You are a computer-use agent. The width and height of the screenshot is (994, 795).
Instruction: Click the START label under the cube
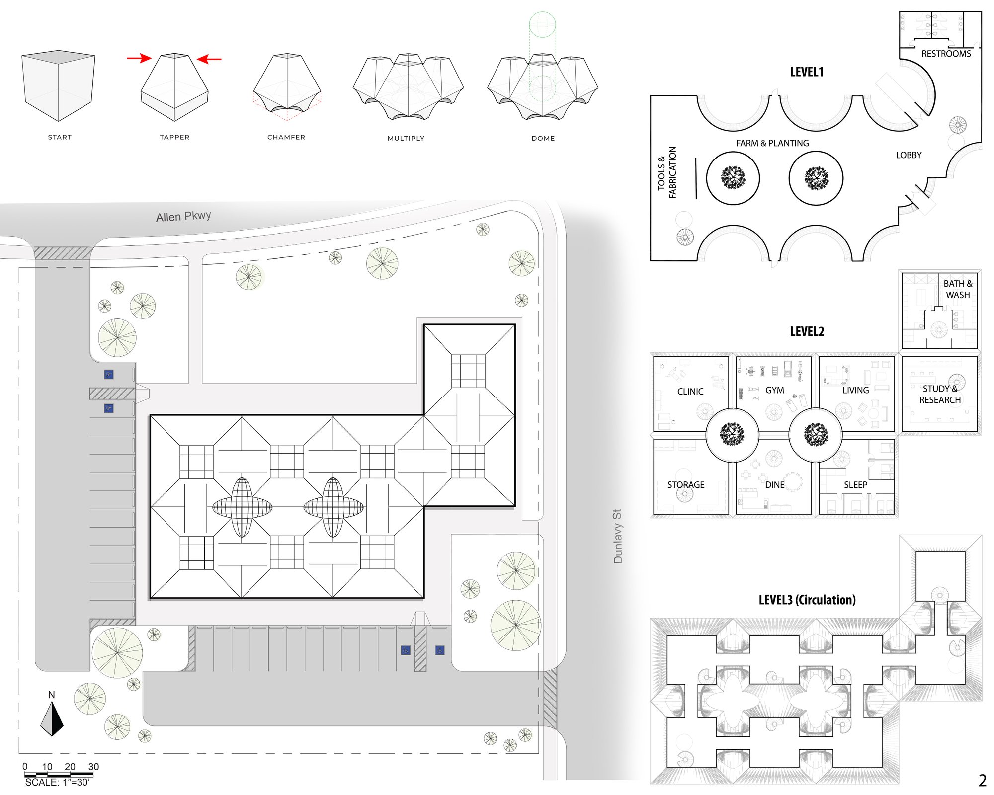point(60,137)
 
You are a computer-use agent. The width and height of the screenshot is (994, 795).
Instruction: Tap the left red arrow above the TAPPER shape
point(139,58)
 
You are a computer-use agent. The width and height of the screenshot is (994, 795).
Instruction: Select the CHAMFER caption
point(286,137)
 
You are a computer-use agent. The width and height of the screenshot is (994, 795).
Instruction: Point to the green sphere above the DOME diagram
point(542,24)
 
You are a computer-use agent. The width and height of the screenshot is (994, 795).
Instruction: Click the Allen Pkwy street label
point(183,216)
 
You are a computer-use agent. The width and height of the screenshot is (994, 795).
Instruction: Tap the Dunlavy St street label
point(618,536)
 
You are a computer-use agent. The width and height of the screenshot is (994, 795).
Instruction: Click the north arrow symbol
point(52,718)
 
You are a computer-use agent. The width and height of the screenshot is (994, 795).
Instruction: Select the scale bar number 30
point(93,767)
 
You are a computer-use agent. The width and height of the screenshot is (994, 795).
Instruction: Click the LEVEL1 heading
point(807,72)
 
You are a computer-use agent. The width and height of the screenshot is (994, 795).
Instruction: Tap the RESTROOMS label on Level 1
point(946,54)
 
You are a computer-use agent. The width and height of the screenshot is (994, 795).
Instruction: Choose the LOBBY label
point(909,155)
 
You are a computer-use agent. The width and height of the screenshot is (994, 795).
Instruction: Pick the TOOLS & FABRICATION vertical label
point(667,172)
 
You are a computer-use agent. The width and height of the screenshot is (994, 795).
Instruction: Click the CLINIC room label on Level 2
point(690,392)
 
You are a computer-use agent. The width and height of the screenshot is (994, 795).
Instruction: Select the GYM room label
point(774,390)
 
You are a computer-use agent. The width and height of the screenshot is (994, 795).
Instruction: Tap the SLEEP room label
point(855,485)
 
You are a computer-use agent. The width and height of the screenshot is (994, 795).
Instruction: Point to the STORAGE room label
point(686,485)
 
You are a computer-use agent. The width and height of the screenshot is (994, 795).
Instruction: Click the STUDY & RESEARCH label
point(940,395)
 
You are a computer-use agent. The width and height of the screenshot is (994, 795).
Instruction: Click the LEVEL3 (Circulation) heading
point(807,600)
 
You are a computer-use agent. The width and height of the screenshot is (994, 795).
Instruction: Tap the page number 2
point(982,781)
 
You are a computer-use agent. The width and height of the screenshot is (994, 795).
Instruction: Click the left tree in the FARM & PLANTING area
point(733,178)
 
